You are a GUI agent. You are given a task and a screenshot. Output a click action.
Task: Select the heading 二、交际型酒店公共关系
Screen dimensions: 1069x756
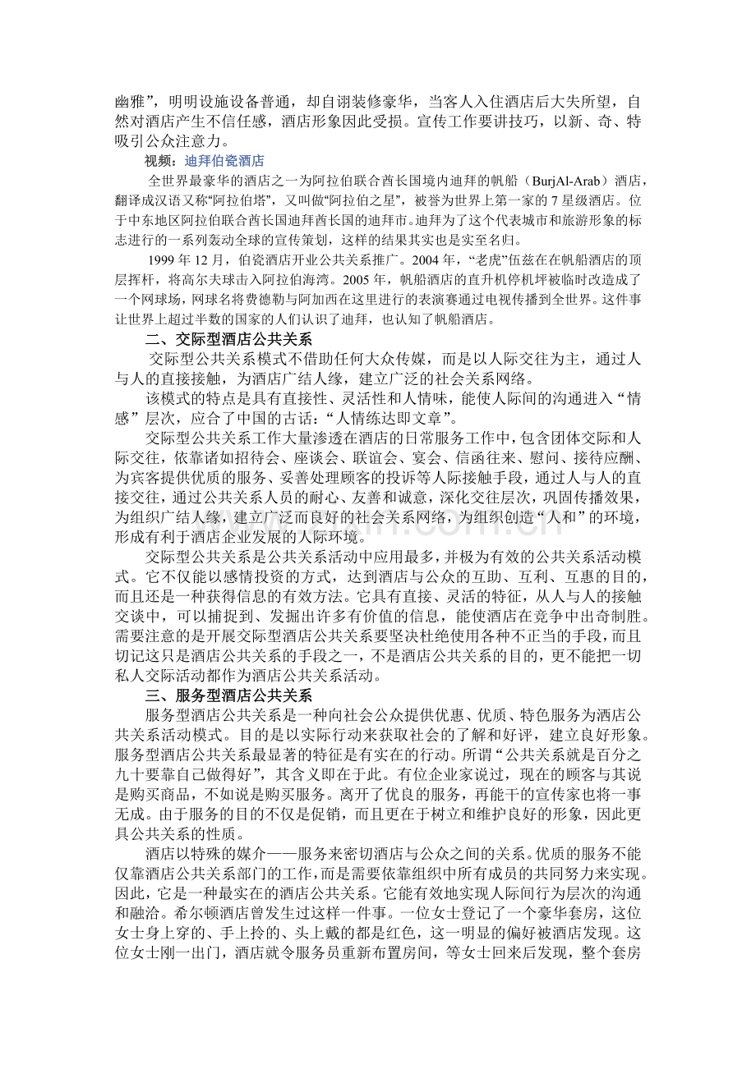click(228, 338)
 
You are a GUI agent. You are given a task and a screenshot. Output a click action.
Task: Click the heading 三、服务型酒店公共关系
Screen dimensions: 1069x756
click(228, 696)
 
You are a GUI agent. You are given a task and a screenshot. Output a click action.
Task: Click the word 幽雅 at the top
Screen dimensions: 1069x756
click(130, 102)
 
